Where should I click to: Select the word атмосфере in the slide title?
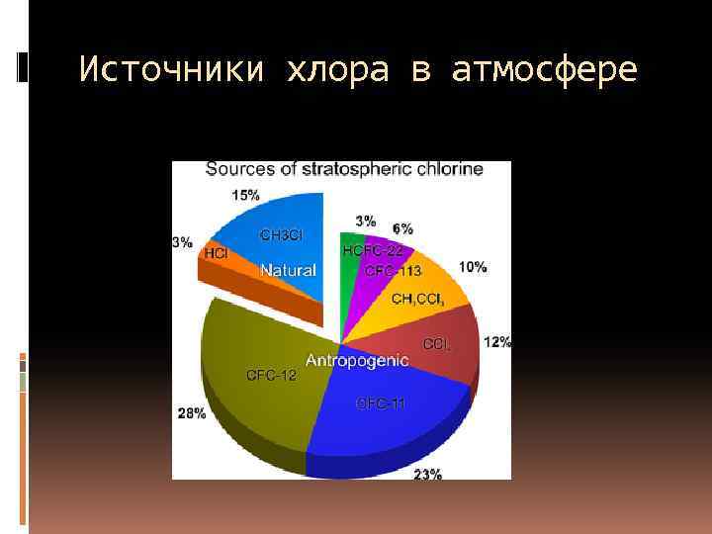tap(545, 70)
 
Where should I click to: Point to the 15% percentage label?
tap(246, 195)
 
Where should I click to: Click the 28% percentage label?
tap(192, 412)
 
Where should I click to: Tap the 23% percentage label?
tap(427, 474)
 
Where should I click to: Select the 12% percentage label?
tap(497, 342)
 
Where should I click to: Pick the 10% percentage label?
tap(472, 267)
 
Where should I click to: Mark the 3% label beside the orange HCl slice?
tap(182, 242)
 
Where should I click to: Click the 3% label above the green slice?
tap(365, 220)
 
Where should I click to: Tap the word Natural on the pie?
tap(288, 270)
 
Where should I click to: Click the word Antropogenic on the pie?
tap(357, 360)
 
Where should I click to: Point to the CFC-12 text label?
tap(271, 375)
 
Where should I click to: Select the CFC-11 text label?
tap(381, 402)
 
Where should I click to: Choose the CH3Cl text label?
tap(281, 235)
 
